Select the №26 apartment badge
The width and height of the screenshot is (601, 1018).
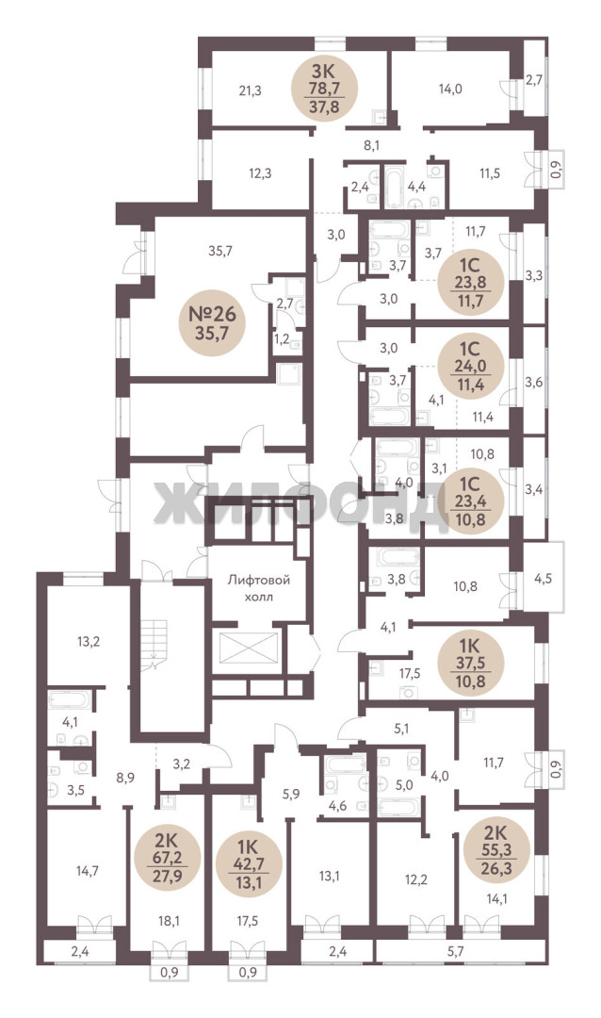(212, 324)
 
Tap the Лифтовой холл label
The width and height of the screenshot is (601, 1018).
(258, 588)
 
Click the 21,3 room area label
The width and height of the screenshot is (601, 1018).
(250, 90)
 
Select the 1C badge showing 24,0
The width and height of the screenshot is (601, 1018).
(471, 366)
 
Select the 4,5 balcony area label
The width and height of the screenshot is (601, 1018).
(543, 578)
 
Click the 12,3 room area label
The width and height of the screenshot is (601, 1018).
(260, 173)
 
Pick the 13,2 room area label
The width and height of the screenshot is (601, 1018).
(89, 642)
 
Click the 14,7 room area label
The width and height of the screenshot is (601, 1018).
(87, 871)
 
